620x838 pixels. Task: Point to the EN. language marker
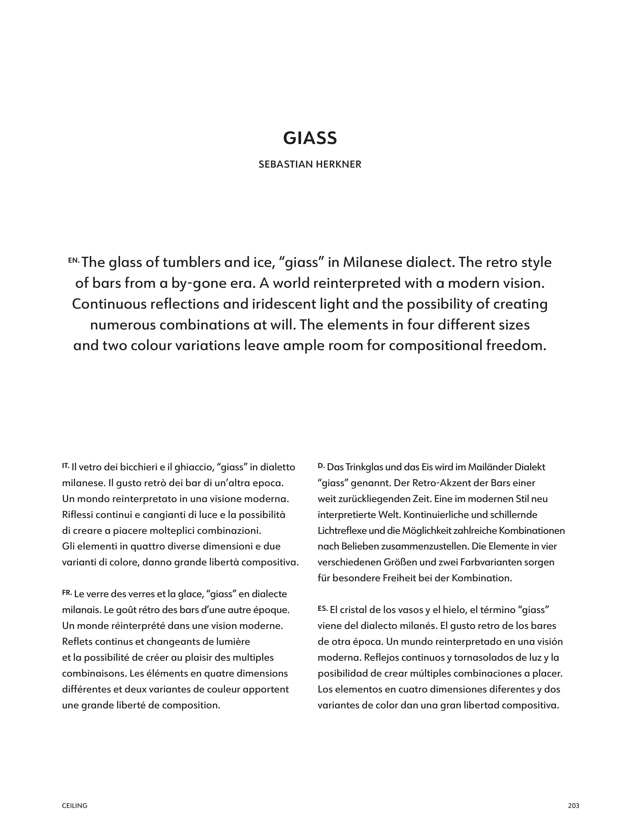click(x=74, y=260)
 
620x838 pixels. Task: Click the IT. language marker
click(x=66, y=466)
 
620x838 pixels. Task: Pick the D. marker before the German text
click(x=321, y=466)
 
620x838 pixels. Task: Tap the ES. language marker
click(x=323, y=608)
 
